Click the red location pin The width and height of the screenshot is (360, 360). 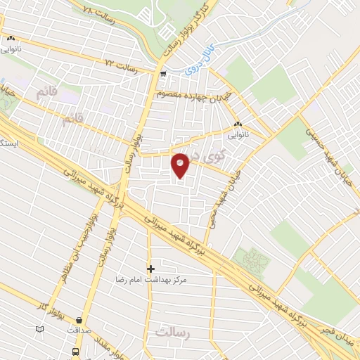[181, 165]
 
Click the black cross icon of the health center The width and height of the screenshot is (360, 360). [150, 269]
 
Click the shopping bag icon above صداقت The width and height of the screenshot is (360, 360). [79, 320]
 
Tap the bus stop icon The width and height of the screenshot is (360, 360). [75, 351]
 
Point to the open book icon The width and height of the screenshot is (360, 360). [39, 329]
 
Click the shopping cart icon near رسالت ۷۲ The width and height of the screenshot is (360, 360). [163, 72]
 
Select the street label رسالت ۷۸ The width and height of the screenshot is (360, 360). [98, 12]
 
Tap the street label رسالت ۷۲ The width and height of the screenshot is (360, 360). [120, 63]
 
